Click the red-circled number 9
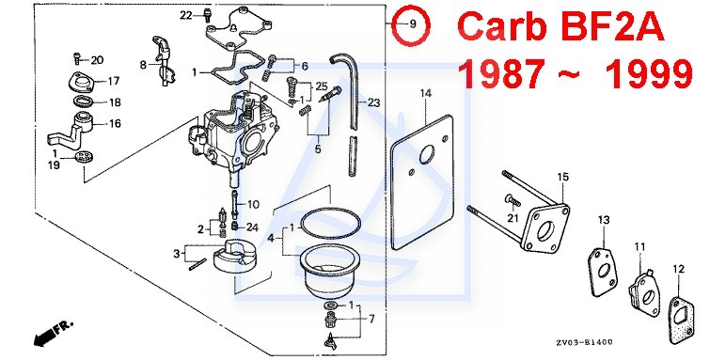point(412,23)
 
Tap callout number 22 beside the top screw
point(186,15)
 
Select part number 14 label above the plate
point(426,94)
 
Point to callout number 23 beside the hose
point(373,102)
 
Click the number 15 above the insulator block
point(562,177)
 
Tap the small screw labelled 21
point(511,199)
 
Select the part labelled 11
point(644,292)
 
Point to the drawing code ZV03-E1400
point(585,342)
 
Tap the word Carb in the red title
point(498,26)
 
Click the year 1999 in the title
point(649,73)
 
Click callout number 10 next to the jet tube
point(253,205)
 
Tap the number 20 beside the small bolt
point(97,60)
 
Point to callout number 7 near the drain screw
point(371,320)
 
